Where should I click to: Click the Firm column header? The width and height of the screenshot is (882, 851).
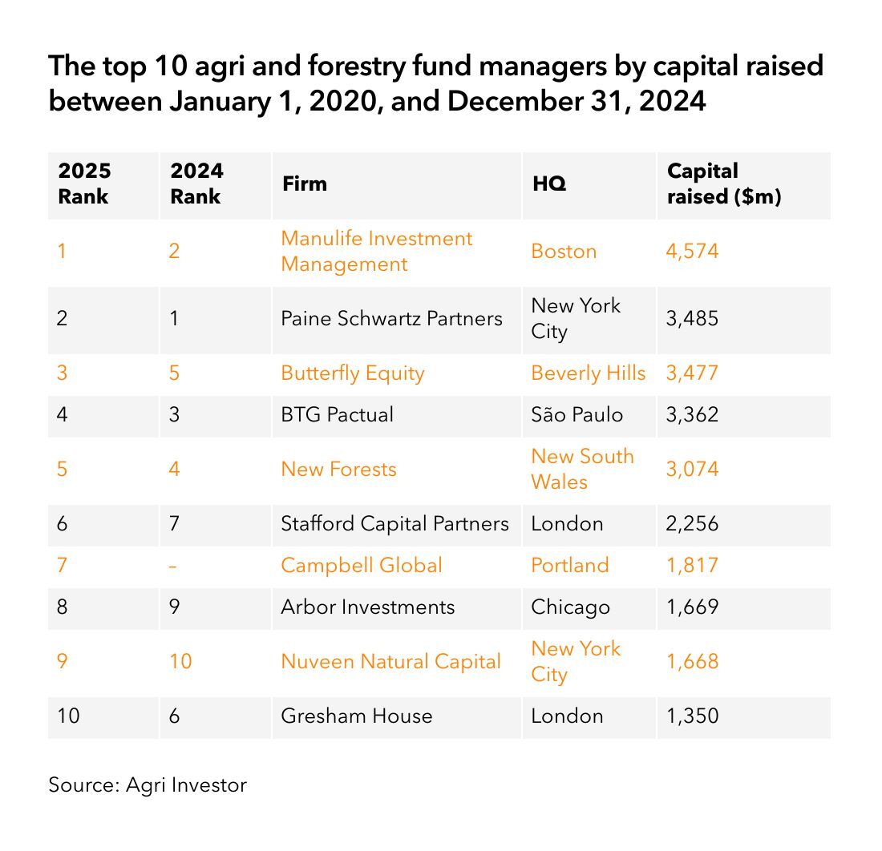pyautogui.click(x=305, y=184)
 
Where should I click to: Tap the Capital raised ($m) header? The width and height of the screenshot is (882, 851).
pyautogui.click(x=724, y=184)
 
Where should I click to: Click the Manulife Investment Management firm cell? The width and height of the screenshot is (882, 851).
pyautogui.click(x=376, y=251)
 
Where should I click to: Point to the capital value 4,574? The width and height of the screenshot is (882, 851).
pyautogui.click(x=692, y=251)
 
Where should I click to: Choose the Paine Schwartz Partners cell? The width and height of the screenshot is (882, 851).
pyautogui.click(x=391, y=318)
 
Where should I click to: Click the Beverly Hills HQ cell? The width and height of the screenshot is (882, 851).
pyautogui.click(x=588, y=373)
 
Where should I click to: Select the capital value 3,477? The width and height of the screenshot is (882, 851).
pyautogui.click(x=692, y=373)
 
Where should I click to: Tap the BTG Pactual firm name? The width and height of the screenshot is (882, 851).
pyautogui.click(x=337, y=414)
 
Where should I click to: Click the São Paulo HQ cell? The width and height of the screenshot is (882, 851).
pyautogui.click(x=577, y=414)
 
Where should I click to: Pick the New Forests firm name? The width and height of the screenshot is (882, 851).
pyautogui.click(x=338, y=469)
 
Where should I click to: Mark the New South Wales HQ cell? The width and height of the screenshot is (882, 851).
pyautogui.click(x=582, y=469)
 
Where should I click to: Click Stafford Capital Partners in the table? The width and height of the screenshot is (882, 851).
pyautogui.click(x=394, y=523)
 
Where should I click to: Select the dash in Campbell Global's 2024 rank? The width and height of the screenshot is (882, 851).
pyautogui.click(x=174, y=565)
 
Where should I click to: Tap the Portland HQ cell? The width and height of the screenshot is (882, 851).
pyautogui.click(x=569, y=565)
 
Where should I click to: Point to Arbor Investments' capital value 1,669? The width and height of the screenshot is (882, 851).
pyautogui.click(x=692, y=607)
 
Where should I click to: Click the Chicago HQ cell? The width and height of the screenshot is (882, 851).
pyautogui.click(x=570, y=607)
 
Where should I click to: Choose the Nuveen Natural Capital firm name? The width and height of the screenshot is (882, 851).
pyautogui.click(x=390, y=661)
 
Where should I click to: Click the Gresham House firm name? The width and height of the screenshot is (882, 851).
pyautogui.click(x=356, y=716)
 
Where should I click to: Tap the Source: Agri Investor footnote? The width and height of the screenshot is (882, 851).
pyautogui.click(x=148, y=784)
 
